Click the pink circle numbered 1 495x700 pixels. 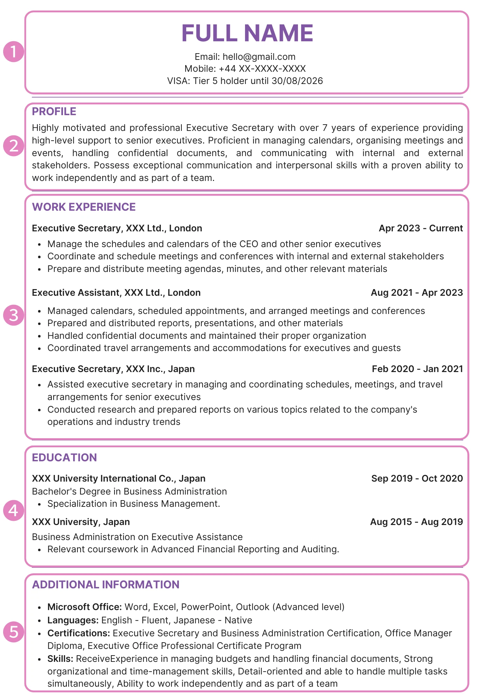tap(14, 52)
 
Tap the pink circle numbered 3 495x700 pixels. tap(14, 315)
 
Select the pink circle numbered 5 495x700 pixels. tap(14, 632)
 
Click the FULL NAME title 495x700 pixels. tap(247, 33)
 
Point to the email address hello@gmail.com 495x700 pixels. tap(259, 57)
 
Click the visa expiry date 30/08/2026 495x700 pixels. tap(297, 81)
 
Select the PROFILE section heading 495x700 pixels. tap(54, 111)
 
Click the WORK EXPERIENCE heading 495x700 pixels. tap(84, 207)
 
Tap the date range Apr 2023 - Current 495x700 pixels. tap(421, 228)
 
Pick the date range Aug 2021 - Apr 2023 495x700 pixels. tap(417, 293)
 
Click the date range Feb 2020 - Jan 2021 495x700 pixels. tap(417, 369)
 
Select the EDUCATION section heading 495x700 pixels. tap(64, 457)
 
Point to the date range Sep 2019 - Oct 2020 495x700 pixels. tap(417, 478)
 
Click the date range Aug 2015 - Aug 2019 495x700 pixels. tap(417, 522)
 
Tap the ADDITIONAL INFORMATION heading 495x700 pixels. tap(106, 584)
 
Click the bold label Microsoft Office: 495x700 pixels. tap(85, 607)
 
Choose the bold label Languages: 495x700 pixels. tap(73, 620)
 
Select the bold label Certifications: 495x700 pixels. tap(79, 633)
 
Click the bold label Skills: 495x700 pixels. tap(60, 659)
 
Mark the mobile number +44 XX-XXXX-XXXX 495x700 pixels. tap(262, 69)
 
